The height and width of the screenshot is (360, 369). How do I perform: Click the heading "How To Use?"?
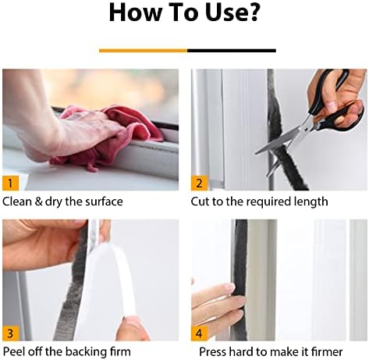point(184,13)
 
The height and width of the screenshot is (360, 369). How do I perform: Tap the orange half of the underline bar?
point(143,50)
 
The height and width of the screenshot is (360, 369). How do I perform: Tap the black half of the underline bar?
point(231,50)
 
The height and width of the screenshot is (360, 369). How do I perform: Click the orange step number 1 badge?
point(10,183)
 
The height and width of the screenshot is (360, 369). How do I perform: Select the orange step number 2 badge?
point(199,183)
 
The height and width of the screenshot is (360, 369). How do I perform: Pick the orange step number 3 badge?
point(10,333)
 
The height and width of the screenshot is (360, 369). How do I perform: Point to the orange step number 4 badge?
point(199,333)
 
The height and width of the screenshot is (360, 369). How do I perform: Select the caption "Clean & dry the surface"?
point(62,201)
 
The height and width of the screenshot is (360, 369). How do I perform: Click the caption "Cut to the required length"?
point(259,201)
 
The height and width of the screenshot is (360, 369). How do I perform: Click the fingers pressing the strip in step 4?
point(211,301)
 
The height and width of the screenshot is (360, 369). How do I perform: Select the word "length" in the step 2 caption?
point(311,201)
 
